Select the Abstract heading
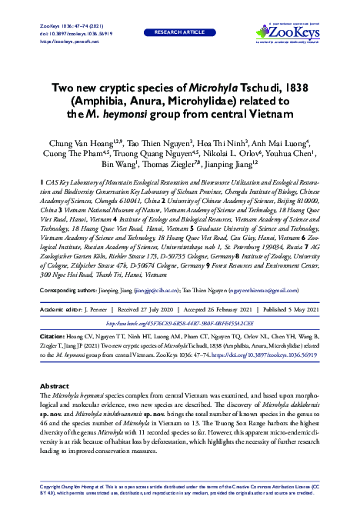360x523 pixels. point(54,385)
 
